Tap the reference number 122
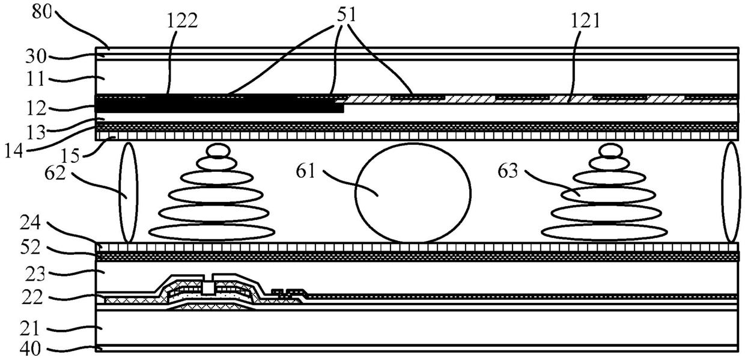[x=180, y=21]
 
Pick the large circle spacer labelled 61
[x=413, y=193]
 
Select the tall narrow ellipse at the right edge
[x=731, y=192]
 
